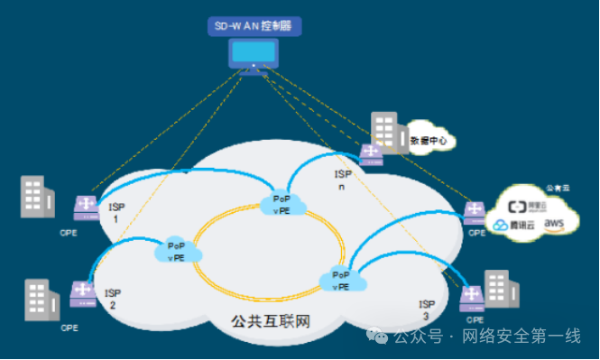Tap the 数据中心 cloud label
point(428,141)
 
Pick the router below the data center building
point(370,155)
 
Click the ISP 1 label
point(116,213)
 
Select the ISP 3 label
point(425,310)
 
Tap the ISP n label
point(342,180)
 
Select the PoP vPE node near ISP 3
point(341,280)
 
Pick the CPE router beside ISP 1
point(87,208)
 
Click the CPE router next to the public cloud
point(474,213)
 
